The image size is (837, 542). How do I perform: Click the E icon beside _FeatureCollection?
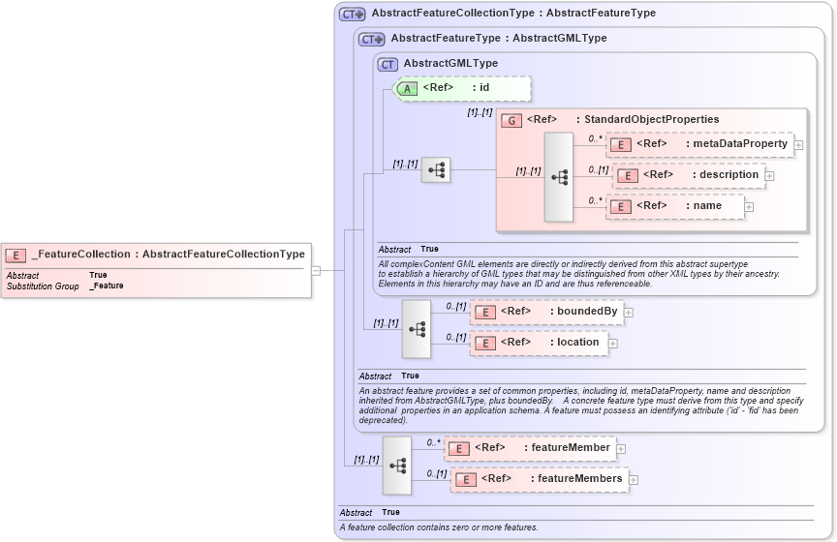click(x=15, y=255)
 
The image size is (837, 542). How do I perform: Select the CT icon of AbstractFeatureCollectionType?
click(x=351, y=14)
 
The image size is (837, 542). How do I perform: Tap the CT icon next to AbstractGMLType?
click(x=388, y=64)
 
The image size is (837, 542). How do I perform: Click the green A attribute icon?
click(x=409, y=88)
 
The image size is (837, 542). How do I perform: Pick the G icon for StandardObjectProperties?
click(x=511, y=120)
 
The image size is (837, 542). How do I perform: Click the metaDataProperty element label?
click(x=738, y=144)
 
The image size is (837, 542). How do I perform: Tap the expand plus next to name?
click(x=749, y=206)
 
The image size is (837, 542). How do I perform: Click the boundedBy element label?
click(x=586, y=312)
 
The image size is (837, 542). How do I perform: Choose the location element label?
click(x=577, y=342)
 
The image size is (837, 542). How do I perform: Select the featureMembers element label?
click(x=580, y=478)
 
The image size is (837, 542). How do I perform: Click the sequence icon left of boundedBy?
click(x=417, y=328)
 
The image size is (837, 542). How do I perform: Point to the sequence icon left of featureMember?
click(x=397, y=465)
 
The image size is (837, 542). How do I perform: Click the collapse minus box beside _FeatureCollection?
click(x=316, y=271)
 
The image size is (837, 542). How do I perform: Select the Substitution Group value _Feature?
click(x=107, y=286)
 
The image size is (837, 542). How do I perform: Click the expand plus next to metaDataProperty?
click(x=799, y=145)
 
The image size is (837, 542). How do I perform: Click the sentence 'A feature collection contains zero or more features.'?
click(x=438, y=527)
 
